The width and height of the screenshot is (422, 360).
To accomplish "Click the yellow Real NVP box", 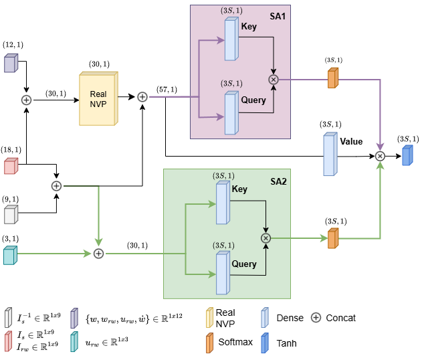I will coord(98,98).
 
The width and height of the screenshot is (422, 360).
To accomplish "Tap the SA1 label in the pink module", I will coord(278,15).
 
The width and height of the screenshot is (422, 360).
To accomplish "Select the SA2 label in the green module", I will coord(278,181).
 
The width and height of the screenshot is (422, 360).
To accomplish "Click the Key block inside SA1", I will coord(231,39).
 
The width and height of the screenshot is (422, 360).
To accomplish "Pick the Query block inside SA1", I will coord(231,112).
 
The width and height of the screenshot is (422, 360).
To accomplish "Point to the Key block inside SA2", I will coord(223,203).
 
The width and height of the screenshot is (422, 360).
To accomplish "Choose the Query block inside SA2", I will coord(223,273).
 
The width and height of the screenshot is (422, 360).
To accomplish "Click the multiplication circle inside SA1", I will coord(273,80).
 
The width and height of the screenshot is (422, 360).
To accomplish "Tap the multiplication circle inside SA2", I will coord(266,238).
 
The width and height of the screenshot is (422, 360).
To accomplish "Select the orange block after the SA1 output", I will coord(333,78).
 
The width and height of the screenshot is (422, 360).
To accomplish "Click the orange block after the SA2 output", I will coord(333,238).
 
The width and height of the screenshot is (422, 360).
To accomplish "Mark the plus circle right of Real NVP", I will coord(142,97).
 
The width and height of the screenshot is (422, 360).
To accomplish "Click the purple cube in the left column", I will coord(11,63).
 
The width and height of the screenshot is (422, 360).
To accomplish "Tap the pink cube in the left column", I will coord(11,166).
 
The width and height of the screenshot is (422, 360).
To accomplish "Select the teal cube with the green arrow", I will coord(10,255).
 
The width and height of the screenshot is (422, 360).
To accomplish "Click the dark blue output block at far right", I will coord(407,155).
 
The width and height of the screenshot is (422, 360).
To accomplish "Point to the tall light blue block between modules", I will coord(330,155).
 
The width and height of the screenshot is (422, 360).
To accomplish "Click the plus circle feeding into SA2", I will coord(98,253).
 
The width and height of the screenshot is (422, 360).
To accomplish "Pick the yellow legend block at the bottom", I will coord(210,317).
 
